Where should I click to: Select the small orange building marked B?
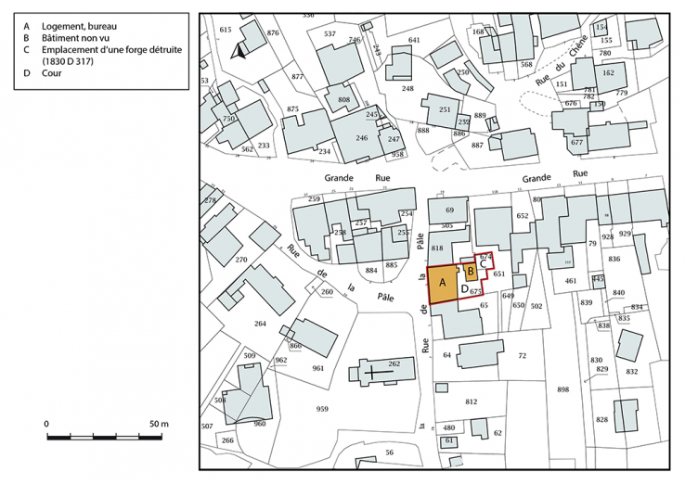(x=471, y=272)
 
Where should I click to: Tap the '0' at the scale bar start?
(x=46, y=424)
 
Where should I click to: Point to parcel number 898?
(x=562, y=389)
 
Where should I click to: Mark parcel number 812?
(x=471, y=401)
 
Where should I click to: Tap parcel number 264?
(x=260, y=324)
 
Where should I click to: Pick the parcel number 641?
(x=414, y=40)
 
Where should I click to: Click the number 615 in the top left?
(x=225, y=30)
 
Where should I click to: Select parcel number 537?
(x=330, y=33)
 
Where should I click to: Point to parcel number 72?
(x=522, y=356)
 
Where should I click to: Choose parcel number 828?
(x=601, y=420)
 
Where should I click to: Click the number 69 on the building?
(x=449, y=211)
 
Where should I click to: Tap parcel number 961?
(x=317, y=368)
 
